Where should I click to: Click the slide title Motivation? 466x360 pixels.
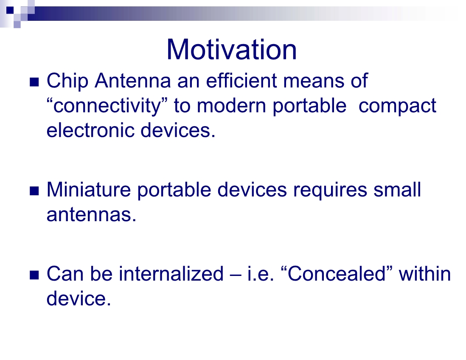[231, 49]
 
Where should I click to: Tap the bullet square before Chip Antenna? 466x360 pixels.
[34, 82]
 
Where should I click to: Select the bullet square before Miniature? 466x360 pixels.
[34, 191]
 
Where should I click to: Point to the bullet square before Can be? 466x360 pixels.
[34, 275]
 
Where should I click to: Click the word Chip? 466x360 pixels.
[67, 81]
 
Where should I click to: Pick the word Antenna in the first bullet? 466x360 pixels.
[133, 81]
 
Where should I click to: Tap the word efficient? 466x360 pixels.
[241, 80]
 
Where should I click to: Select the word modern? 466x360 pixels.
[231, 106]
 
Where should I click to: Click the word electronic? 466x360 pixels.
[90, 130]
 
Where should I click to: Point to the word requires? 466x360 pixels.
[330, 190]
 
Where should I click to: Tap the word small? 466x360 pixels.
[397, 189]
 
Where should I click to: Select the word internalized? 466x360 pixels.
[171, 273]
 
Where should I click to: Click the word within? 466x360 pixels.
[425, 273]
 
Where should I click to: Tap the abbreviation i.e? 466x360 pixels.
[261, 273]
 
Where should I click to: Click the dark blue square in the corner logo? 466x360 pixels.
[10, 11]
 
